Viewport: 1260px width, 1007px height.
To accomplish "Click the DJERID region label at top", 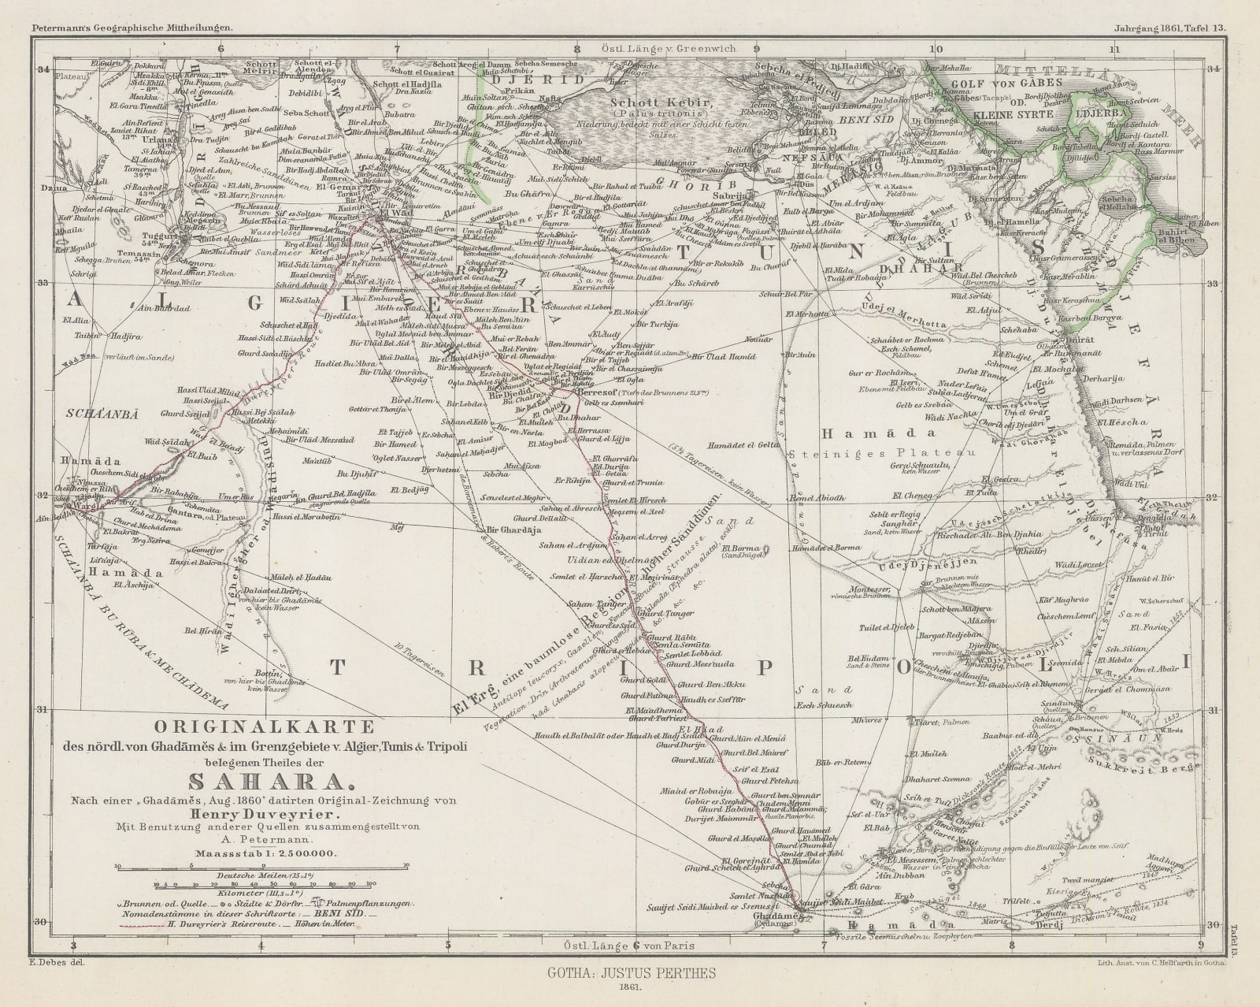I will coord(519,79).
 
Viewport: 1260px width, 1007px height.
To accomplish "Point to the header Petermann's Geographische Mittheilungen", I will coord(132,7).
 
